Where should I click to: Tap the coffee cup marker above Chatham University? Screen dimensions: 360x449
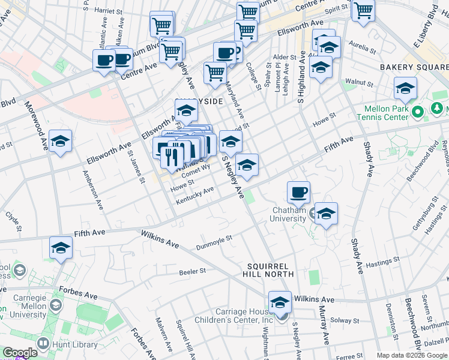(298, 193)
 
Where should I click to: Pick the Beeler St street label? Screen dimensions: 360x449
(192, 271)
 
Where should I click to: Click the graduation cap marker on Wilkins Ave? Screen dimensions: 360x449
(280, 302)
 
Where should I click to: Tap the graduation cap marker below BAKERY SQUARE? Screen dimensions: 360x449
(406, 88)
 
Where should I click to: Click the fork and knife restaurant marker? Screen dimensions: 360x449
(173, 157)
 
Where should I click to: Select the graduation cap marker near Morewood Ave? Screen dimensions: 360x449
(60, 142)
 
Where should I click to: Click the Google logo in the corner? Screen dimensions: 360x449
(19, 353)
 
